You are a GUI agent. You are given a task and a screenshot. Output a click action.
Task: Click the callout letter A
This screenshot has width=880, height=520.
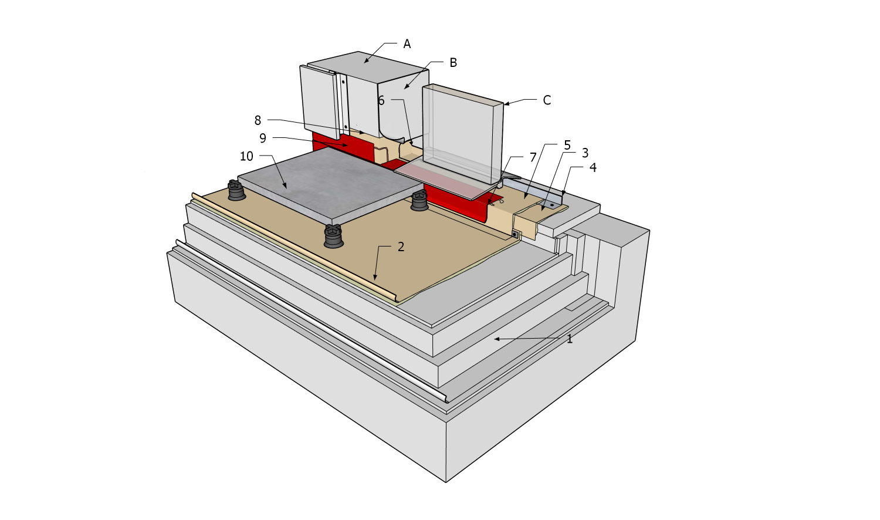coord(407,44)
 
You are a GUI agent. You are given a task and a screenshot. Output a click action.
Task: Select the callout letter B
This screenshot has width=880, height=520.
coord(453,63)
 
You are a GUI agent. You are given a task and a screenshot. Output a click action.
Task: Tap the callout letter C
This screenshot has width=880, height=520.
coord(547,101)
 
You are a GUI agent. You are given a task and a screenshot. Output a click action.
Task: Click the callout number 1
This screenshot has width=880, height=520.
coord(569,339)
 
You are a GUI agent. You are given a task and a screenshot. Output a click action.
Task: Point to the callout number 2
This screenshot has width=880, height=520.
coord(401,247)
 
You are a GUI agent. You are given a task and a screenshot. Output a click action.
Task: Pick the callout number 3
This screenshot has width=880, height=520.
coord(585,153)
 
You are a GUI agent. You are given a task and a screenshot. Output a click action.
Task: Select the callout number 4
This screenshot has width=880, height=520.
coord(593,168)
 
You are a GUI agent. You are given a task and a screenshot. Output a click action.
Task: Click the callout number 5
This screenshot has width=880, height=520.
coord(567,144)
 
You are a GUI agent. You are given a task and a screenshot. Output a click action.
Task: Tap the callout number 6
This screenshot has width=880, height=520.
coord(381,101)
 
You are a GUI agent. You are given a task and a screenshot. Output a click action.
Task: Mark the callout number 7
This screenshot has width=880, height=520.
coord(533,157)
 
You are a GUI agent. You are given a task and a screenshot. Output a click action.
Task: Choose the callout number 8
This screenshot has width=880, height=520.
coord(258,120)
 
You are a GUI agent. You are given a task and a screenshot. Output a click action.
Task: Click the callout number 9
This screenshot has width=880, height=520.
coord(263,138)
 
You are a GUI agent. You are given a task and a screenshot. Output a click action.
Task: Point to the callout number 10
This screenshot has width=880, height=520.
coord(246,156)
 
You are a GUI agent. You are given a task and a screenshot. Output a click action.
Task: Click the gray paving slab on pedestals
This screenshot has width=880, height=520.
coord(329,182)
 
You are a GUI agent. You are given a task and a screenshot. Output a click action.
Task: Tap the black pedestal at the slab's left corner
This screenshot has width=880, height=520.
coord(235,190)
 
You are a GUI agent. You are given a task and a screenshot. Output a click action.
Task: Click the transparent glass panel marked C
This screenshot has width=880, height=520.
coord(463,135)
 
